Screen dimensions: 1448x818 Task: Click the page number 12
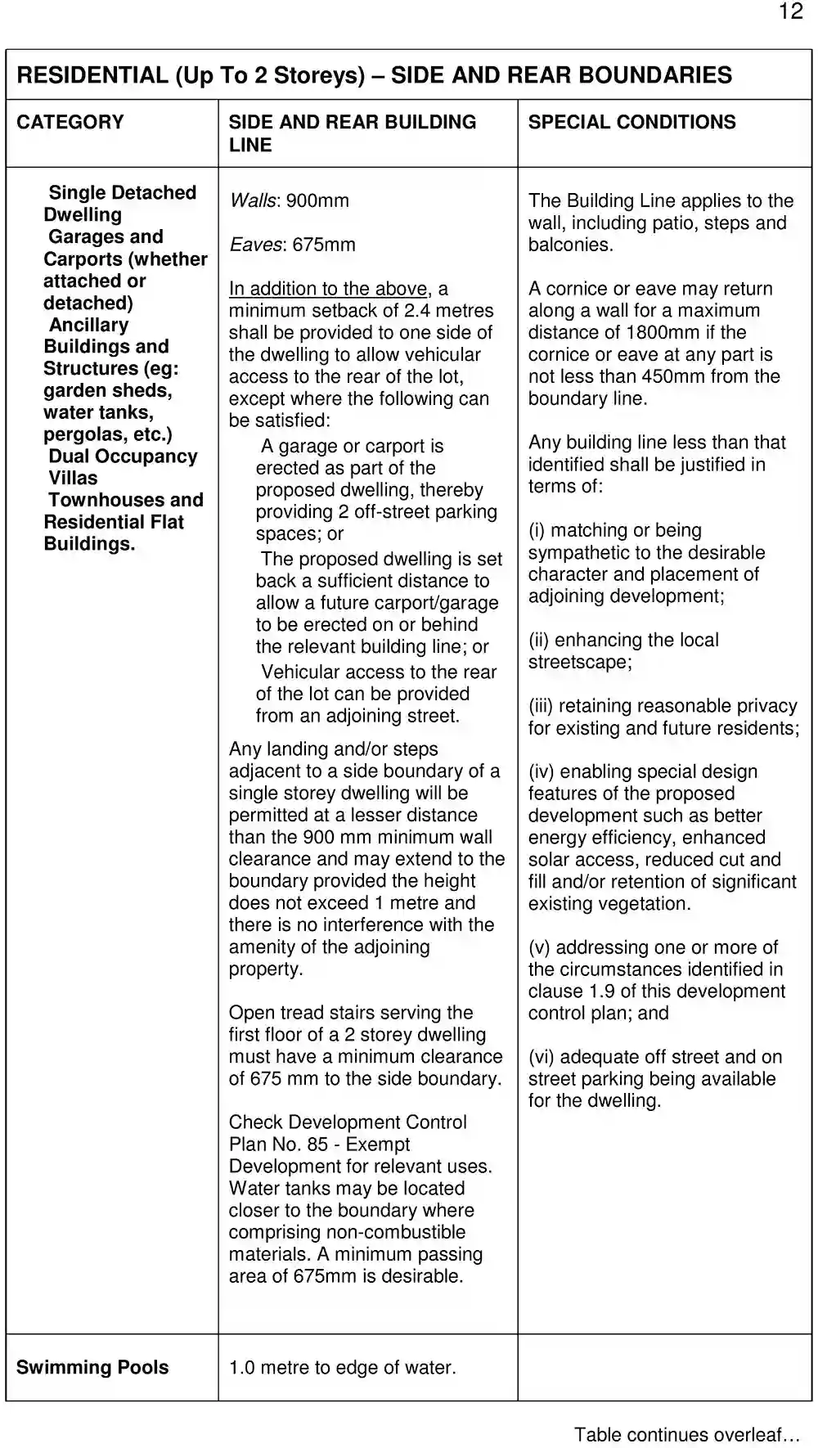790,11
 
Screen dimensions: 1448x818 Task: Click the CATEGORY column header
70,122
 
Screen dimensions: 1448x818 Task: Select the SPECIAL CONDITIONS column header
631,122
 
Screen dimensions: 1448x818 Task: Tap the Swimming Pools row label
92,1367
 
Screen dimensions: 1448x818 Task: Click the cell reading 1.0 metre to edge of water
342,1367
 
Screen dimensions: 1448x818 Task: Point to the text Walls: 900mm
289,200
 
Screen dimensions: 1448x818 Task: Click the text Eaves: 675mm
292,245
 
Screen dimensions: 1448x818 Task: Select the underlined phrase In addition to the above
328,289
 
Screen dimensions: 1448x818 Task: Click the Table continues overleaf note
686,1434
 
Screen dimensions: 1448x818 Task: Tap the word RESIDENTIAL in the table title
92,75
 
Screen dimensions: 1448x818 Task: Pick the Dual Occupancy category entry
123,456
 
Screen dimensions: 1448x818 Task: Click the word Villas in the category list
73,478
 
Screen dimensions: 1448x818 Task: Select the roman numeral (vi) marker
542,1057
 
